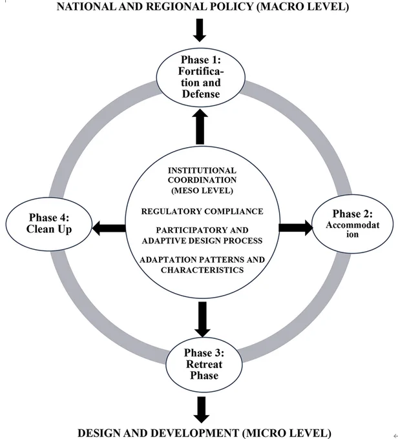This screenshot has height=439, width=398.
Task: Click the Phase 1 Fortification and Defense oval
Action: point(201,77)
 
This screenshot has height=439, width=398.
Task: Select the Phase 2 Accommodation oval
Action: point(353,224)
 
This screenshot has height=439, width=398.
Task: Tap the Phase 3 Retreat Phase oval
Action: point(204,364)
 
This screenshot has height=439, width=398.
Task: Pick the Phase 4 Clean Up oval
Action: point(49,224)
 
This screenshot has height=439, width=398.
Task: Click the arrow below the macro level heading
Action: point(200,30)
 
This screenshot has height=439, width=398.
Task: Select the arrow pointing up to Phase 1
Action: point(200,127)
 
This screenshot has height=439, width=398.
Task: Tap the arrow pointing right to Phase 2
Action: point(296,228)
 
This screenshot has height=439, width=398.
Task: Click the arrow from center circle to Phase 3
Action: point(202,319)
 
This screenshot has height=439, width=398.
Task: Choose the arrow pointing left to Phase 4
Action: point(109,228)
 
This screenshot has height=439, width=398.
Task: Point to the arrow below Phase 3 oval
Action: point(202,409)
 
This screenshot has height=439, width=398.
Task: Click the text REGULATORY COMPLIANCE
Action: point(202,211)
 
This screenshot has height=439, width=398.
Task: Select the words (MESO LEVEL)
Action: point(202,190)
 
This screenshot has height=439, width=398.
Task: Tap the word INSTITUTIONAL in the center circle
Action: point(202,170)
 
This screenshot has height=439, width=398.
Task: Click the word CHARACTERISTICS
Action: point(202,270)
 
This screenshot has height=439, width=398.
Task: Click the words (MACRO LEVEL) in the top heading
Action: point(303,6)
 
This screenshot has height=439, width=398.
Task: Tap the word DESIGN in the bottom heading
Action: point(99,433)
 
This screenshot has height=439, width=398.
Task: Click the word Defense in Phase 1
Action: point(201,94)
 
